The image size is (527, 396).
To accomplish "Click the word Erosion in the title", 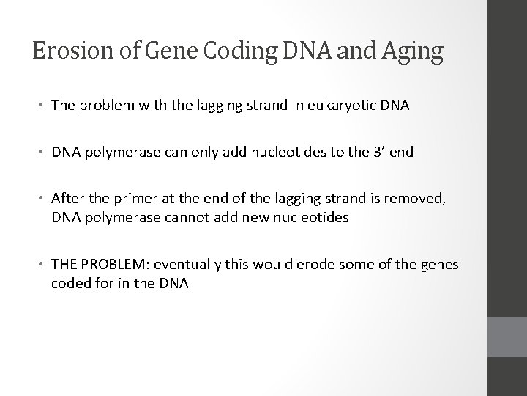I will [x=64, y=51].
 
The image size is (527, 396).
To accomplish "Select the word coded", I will [x=69, y=283].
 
